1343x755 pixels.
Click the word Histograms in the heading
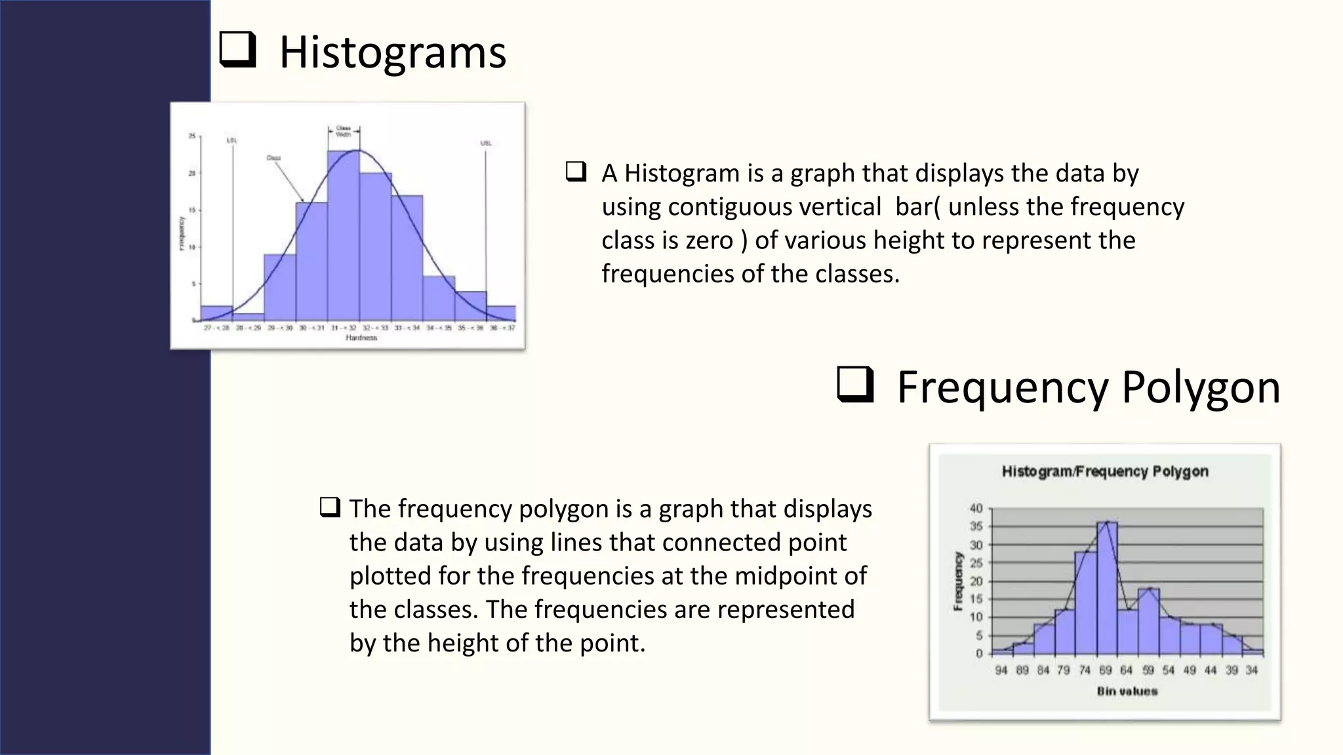click(392, 52)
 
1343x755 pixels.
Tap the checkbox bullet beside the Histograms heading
click(237, 50)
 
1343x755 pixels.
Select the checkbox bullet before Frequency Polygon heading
click(855, 385)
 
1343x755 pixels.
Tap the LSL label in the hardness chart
click(232, 140)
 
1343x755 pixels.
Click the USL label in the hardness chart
click(486, 143)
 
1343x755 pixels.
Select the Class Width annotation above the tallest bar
click(344, 131)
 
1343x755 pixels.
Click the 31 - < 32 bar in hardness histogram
click(343, 236)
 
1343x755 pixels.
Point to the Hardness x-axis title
click(361, 338)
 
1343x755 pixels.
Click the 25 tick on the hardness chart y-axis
click(192, 136)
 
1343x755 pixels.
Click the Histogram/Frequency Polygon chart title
click(1105, 471)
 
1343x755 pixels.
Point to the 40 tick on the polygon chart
click(976, 509)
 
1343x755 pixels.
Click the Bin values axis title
click(1127, 691)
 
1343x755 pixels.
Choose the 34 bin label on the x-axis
click(1252, 670)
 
